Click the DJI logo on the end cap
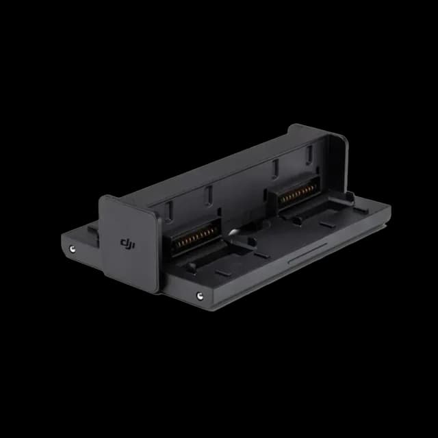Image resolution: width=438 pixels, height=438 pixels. pos(128,242)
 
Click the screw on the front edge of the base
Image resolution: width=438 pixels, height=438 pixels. pos(199,296)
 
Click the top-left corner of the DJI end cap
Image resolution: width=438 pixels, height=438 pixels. pos(103,199)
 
